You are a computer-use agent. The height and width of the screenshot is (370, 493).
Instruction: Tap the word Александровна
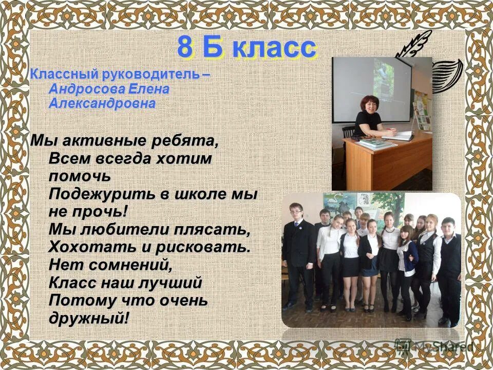(102, 103)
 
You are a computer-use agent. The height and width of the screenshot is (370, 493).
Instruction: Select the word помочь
(80, 176)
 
